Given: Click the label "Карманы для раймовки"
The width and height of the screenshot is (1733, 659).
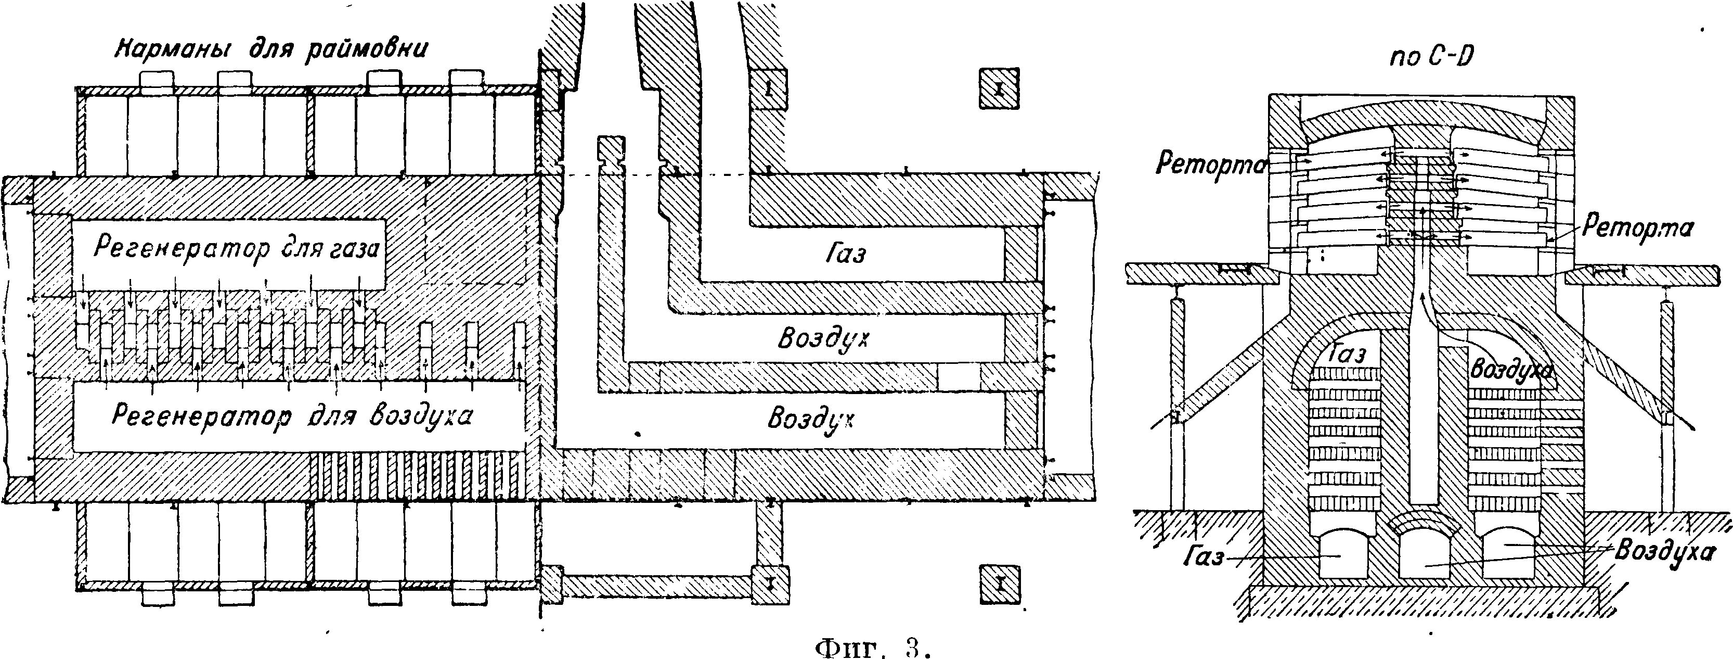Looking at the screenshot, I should coord(273,50).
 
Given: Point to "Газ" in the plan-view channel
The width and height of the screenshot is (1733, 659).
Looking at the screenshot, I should coord(845,255).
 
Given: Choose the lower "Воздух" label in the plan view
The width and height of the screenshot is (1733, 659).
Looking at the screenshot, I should coord(811,420).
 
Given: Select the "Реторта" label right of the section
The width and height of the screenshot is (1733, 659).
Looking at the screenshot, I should coord(1637,227).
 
